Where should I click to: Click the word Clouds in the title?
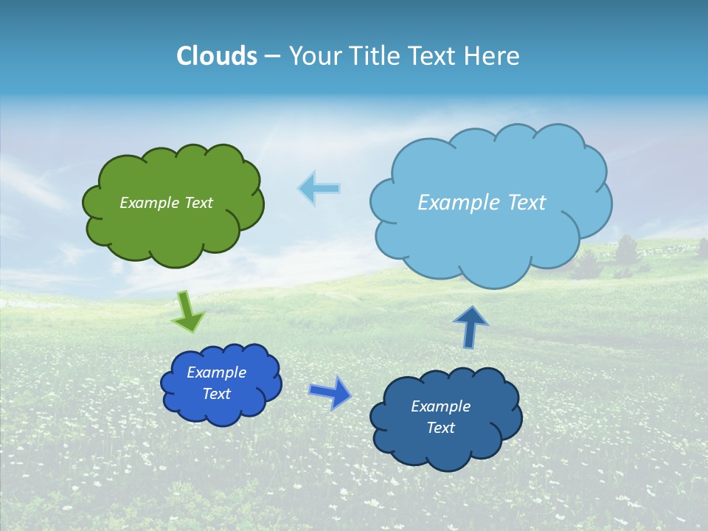[x=217, y=56]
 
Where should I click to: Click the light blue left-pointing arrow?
[x=319, y=188]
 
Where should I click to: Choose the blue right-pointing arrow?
[x=330, y=392]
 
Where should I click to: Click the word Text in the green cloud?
[x=198, y=203]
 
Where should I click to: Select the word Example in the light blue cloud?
[x=458, y=203]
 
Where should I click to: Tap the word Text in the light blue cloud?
[x=527, y=203]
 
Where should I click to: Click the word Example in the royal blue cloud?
[x=216, y=372]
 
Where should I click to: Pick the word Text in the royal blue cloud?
[x=216, y=394]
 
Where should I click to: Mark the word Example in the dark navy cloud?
[x=440, y=406]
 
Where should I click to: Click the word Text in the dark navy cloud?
[x=440, y=428]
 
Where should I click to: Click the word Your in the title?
[x=312, y=56]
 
